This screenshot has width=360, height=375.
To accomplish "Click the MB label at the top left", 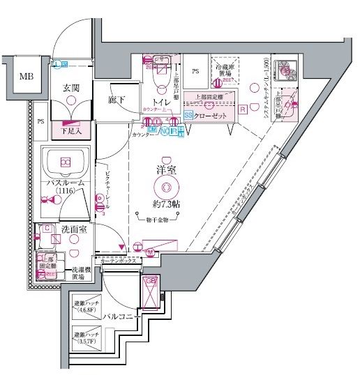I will pyautogui.click(x=26, y=76).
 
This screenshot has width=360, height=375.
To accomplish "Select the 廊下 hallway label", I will pyautogui.click(x=116, y=100).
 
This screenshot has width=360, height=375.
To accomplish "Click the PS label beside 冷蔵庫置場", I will pyautogui.click(x=196, y=71).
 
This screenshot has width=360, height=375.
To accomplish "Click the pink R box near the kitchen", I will pyautogui.click(x=242, y=109).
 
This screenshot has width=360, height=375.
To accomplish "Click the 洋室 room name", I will pyautogui.click(x=165, y=169).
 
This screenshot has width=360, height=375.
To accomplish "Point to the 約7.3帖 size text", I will pyautogui.click(x=167, y=204).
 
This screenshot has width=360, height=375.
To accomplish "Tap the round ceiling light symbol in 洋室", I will pyautogui.click(x=166, y=187).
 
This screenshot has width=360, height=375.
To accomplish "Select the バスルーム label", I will pyautogui.click(x=65, y=183).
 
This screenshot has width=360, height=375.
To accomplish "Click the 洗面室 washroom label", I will pyautogui.click(x=73, y=229).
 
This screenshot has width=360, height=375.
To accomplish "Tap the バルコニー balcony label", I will pyautogui.click(x=119, y=317).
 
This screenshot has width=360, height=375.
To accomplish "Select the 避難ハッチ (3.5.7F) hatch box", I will pyautogui.click(x=87, y=339).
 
